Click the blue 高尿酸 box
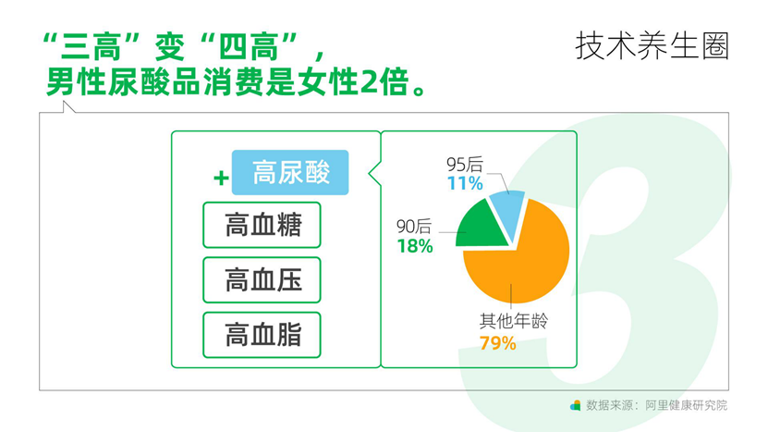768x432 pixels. (x=290, y=173)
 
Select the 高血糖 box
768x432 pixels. (x=262, y=225)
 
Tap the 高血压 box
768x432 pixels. (x=262, y=280)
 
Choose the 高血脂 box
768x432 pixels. (x=262, y=335)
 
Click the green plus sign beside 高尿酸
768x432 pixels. (x=222, y=178)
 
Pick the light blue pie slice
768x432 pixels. (x=509, y=211)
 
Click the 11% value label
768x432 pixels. (x=465, y=183)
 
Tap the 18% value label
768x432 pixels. (x=415, y=246)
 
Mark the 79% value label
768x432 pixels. (x=497, y=343)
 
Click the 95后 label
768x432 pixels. (x=464, y=165)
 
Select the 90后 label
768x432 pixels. (x=414, y=227)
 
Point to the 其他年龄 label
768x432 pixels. (x=513, y=321)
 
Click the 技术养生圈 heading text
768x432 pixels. (x=652, y=46)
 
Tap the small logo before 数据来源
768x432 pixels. (x=576, y=405)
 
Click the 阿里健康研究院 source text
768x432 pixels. (x=686, y=405)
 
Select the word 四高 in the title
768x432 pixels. (x=248, y=47)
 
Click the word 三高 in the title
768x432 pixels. (x=90, y=47)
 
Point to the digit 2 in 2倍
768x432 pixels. (x=369, y=82)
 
